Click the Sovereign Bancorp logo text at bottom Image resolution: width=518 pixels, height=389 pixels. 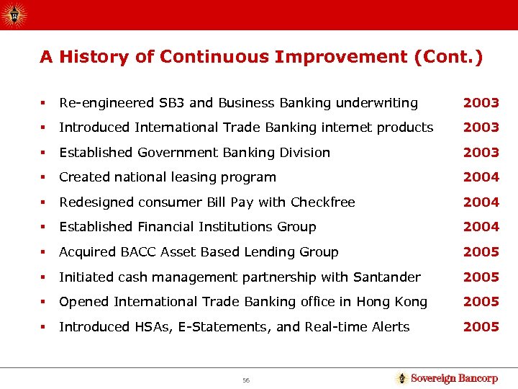[x=453, y=378]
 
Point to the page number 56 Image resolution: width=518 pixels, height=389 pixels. [x=245, y=379]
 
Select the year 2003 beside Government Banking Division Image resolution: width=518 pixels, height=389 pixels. [x=481, y=152]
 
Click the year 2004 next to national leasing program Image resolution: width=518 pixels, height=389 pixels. [x=481, y=177]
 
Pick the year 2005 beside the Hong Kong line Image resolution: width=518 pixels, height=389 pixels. [x=481, y=302]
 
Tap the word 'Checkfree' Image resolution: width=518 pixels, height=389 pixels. [x=324, y=202]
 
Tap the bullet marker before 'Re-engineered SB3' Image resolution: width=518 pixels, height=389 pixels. [x=45, y=103]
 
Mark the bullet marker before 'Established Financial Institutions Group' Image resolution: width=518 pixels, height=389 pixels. [x=45, y=228]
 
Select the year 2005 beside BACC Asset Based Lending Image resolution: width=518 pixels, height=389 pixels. [x=481, y=252]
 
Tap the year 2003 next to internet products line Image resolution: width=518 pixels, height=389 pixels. [x=481, y=128]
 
